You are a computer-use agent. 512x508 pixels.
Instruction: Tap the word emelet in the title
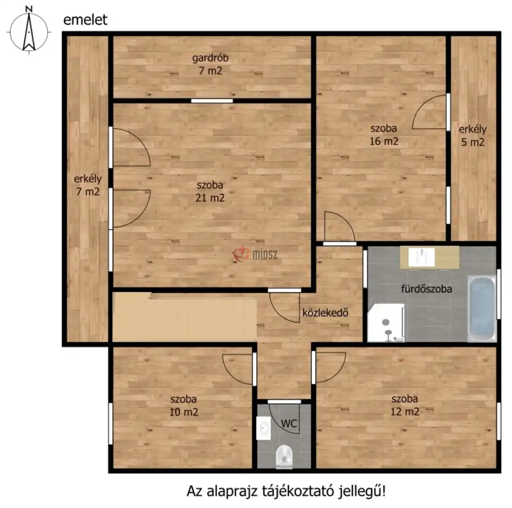(x=85, y=20)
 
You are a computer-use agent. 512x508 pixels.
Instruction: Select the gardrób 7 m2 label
(x=210, y=64)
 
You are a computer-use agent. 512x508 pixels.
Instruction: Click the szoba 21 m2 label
(x=210, y=191)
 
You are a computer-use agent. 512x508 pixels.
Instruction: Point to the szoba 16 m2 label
(x=384, y=135)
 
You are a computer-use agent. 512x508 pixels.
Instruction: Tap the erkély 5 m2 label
(x=473, y=136)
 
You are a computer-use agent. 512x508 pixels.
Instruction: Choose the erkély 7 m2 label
(x=88, y=185)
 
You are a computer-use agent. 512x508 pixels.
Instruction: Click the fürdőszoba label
(x=426, y=289)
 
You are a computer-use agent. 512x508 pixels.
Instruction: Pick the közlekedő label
(x=325, y=313)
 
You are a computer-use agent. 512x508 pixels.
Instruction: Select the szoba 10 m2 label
(x=183, y=406)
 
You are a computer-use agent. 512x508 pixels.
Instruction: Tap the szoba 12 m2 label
(x=405, y=405)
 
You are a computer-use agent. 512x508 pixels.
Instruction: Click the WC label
(x=289, y=424)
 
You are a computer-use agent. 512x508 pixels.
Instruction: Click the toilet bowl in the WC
(x=284, y=456)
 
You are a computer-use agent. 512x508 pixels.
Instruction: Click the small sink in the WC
(x=264, y=428)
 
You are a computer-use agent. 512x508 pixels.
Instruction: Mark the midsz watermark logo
(x=255, y=254)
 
